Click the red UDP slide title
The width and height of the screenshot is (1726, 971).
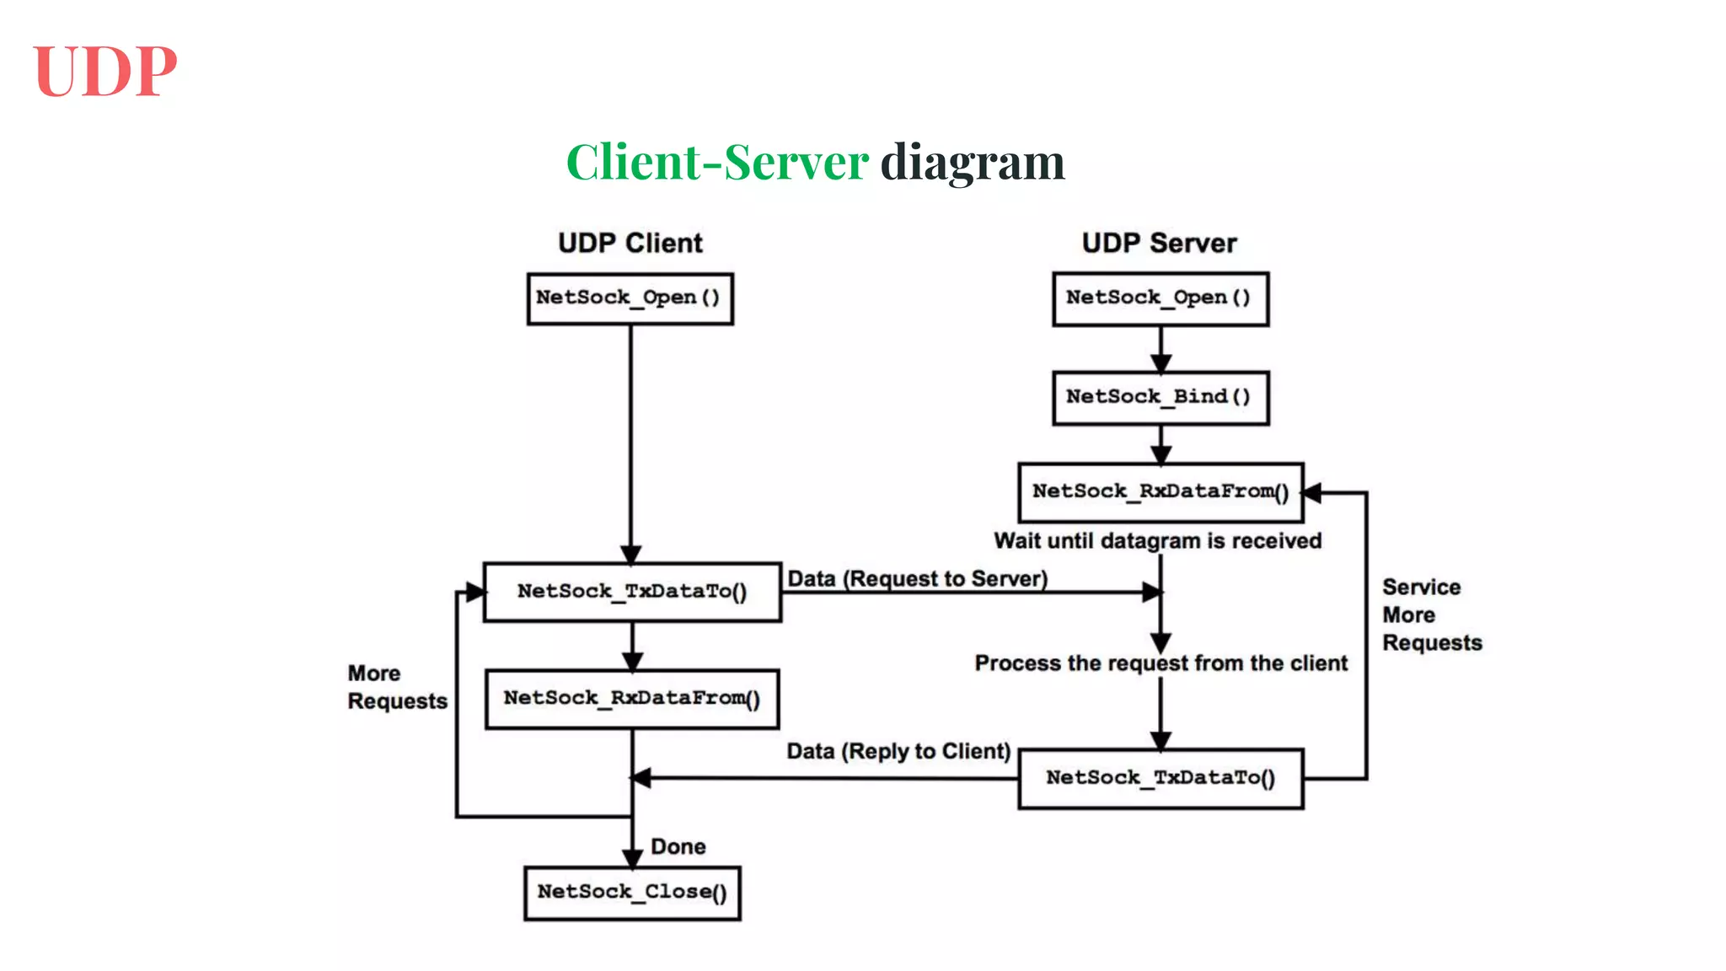(x=105, y=72)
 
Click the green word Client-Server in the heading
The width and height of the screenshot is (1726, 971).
(x=717, y=162)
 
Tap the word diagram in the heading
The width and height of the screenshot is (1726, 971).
(x=973, y=162)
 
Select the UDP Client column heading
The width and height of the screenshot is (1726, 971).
(x=630, y=244)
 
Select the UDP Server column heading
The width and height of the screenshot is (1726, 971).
(x=1159, y=244)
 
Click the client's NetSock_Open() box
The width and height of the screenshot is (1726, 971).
(x=630, y=298)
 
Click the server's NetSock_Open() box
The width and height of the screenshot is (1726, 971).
(x=1160, y=298)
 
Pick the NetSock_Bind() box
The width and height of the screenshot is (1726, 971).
(x=1160, y=397)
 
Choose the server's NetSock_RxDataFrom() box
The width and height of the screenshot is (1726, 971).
(x=1160, y=491)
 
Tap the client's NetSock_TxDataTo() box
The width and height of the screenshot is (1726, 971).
(x=632, y=592)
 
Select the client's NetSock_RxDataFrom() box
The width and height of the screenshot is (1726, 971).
(x=632, y=699)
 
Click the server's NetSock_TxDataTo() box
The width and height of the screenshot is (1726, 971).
(x=1160, y=778)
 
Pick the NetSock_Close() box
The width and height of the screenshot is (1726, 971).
(x=632, y=893)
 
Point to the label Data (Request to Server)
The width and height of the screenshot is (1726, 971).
(x=917, y=579)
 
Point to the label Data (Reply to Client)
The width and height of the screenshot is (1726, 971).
(x=898, y=751)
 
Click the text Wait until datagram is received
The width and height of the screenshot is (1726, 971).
(x=1157, y=541)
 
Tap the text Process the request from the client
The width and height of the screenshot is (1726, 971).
(x=1160, y=663)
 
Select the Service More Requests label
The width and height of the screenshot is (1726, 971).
(x=1431, y=614)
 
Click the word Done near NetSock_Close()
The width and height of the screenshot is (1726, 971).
(x=678, y=847)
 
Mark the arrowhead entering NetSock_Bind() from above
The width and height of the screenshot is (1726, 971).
(x=1160, y=363)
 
